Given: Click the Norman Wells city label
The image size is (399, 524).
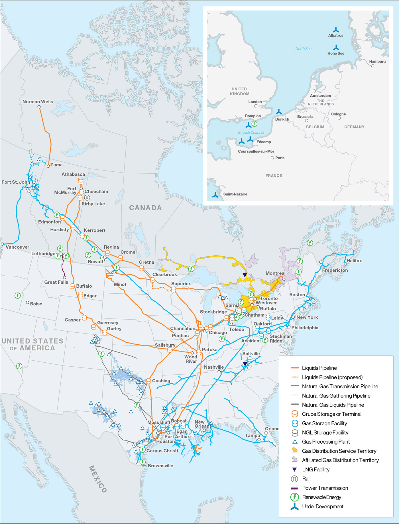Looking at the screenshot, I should [38, 102].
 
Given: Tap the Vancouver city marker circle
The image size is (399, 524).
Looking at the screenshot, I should [2, 244].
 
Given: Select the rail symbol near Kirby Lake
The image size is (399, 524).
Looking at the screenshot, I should [87, 197].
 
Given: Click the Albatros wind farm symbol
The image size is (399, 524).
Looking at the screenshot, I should [336, 30].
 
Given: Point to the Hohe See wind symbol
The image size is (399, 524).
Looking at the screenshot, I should [336, 47].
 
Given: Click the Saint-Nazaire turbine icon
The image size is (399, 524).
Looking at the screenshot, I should [215, 195].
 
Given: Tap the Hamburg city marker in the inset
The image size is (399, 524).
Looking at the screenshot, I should [372, 66].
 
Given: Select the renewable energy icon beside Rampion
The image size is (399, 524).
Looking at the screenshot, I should [255, 124].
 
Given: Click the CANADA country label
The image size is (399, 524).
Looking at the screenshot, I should [145, 208].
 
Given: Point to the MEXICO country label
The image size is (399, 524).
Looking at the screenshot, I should [98, 479].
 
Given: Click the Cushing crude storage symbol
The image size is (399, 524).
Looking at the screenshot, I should [148, 381].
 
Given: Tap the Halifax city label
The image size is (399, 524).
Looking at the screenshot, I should [354, 261].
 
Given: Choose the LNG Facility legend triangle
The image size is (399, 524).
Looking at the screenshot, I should [295, 469].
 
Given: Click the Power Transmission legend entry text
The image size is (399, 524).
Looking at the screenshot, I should [325, 488].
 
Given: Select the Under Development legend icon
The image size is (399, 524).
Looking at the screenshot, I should [295, 506].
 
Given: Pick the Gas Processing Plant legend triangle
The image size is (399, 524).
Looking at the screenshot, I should [295, 442].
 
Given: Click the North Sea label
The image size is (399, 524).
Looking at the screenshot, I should [303, 49].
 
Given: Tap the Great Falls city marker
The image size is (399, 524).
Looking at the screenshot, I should [65, 277].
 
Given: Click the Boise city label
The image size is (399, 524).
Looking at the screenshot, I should [36, 304].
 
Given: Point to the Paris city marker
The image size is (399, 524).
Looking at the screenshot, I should [272, 158].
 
